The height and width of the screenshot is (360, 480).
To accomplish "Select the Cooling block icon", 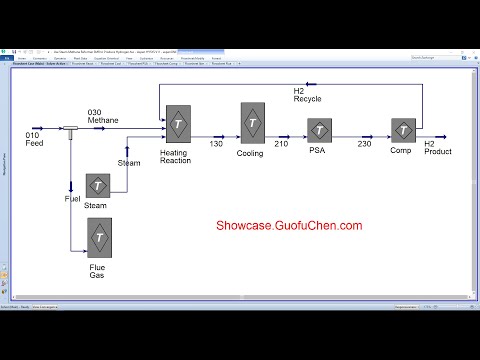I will point(252,122).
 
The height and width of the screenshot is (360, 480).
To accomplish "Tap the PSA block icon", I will point(319,130).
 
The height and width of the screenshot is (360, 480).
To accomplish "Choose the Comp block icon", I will point(402,130).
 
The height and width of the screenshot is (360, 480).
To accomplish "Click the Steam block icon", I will point(97,185).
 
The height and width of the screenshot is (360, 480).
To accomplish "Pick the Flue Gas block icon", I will point(99,238).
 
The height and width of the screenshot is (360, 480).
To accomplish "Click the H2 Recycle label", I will point(307,95).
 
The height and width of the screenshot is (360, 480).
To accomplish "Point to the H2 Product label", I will point(437,148).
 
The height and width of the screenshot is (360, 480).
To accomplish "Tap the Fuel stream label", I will point(72,199).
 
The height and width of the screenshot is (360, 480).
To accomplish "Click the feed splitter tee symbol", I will point(72,129).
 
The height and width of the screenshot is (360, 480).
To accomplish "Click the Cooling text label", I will point(251,153).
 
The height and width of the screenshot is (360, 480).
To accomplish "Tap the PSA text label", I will point(318,150).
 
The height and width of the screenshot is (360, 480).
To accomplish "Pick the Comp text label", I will point(401,150).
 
